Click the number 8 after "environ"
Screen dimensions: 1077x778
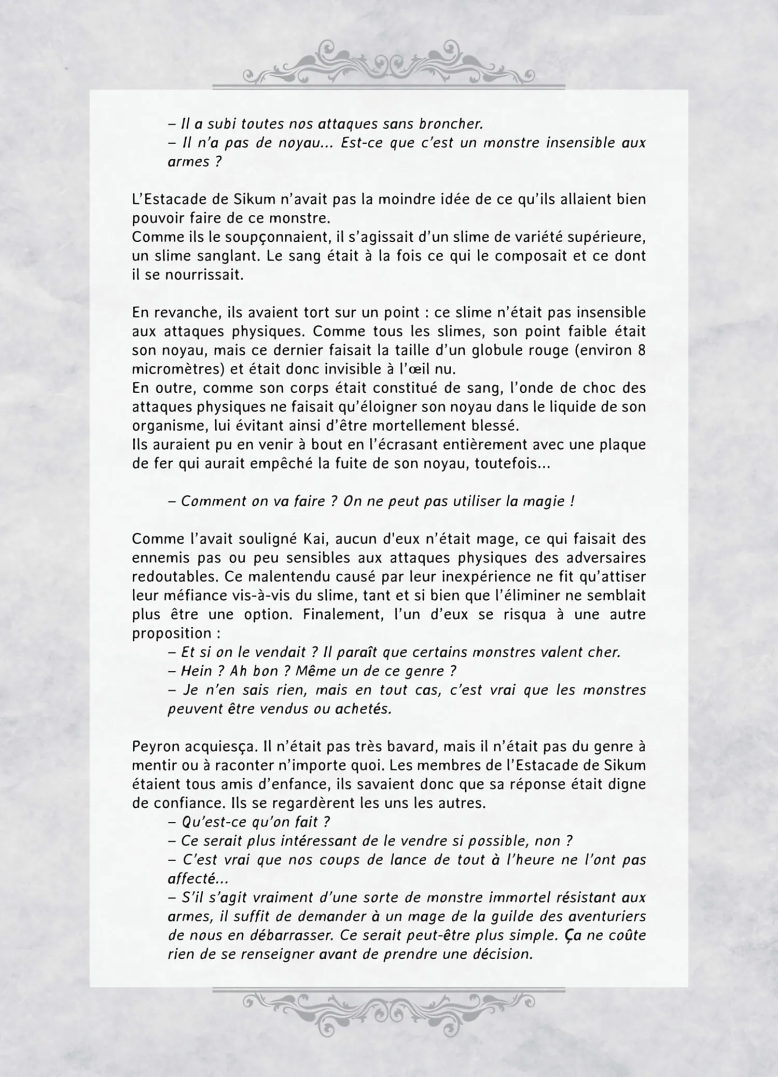(641, 350)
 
